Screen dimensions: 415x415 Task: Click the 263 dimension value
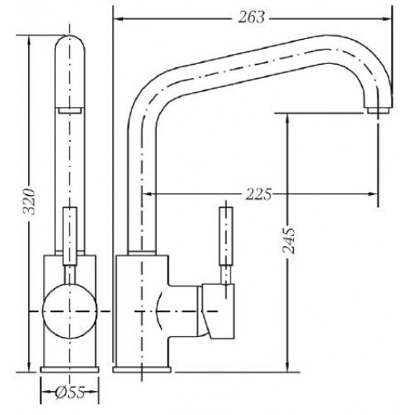pos(251,17)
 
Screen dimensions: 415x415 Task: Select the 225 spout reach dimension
pos(259,193)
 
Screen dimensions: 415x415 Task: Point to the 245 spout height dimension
pos(288,241)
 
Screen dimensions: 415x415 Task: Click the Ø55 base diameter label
pos(70,392)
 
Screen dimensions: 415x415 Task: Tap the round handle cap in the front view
pos(70,311)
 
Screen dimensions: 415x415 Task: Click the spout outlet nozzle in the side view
pos(378,110)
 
